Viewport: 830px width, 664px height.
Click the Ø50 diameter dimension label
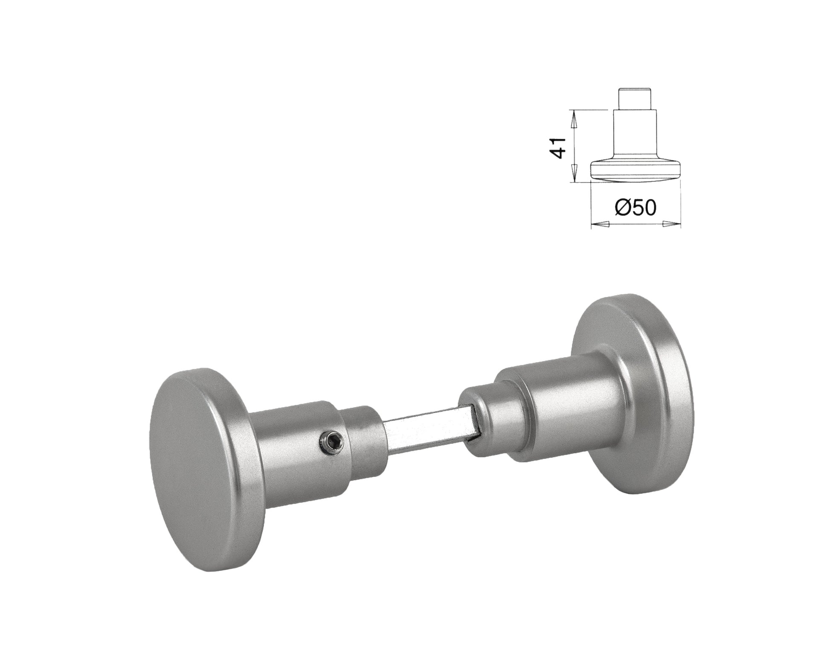click(635, 208)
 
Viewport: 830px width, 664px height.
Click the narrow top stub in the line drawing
click(635, 99)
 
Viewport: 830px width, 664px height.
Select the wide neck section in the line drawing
click(635, 132)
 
